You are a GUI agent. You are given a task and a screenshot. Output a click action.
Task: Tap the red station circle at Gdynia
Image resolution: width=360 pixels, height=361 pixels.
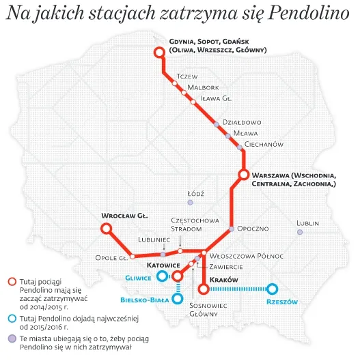click(160, 53)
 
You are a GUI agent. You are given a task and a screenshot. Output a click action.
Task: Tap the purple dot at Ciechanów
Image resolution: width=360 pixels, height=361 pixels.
click(240, 147)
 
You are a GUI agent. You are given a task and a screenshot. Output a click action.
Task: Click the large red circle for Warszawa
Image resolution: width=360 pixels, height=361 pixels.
click(243, 175)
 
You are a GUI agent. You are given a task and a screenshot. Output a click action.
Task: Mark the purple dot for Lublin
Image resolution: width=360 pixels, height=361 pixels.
click(300, 232)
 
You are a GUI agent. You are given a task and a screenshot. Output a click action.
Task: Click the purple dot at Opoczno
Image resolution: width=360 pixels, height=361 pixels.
click(232, 229)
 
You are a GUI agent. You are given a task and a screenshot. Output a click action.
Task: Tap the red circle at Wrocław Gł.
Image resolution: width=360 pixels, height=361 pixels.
click(107, 229)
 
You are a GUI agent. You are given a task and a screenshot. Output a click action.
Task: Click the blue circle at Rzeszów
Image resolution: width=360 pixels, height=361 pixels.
click(273, 289)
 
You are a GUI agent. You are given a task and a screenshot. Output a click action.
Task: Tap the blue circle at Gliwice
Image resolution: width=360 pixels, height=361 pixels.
click(162, 276)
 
